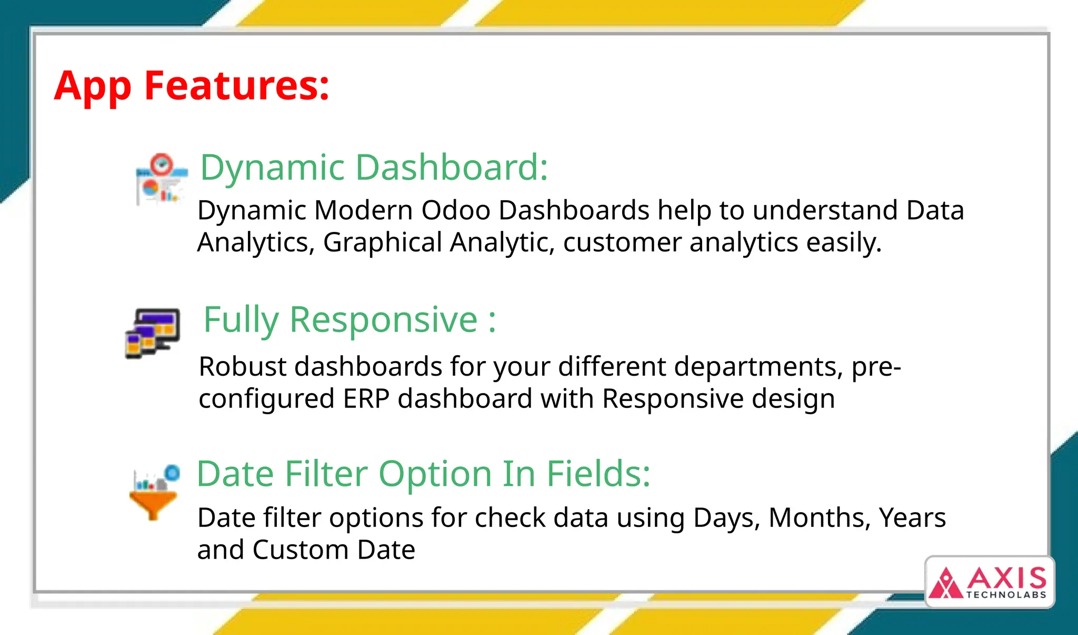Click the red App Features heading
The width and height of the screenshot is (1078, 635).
(x=192, y=86)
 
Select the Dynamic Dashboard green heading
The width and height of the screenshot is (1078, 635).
(x=374, y=168)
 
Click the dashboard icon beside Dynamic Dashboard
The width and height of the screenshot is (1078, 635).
(x=161, y=180)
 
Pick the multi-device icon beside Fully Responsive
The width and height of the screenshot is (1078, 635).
(x=153, y=333)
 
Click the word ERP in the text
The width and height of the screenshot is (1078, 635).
(x=366, y=399)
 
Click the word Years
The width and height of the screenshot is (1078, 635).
(x=912, y=518)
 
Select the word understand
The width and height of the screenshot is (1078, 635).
(x=825, y=210)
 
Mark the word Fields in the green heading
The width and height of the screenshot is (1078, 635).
(x=598, y=474)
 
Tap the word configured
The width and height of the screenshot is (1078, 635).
(x=266, y=399)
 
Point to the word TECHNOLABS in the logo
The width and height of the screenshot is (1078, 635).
(x=1006, y=595)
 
